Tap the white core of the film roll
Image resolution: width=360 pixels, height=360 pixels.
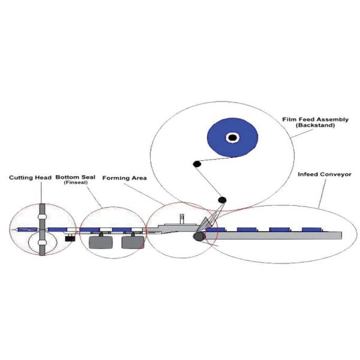232,138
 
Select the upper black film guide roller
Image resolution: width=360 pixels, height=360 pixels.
196,163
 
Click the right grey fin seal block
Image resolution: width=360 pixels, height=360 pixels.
132,242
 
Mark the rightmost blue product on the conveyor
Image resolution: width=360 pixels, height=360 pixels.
312,229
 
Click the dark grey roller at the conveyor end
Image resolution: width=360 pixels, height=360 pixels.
197,237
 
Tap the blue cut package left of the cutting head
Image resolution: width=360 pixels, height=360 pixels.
24,230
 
